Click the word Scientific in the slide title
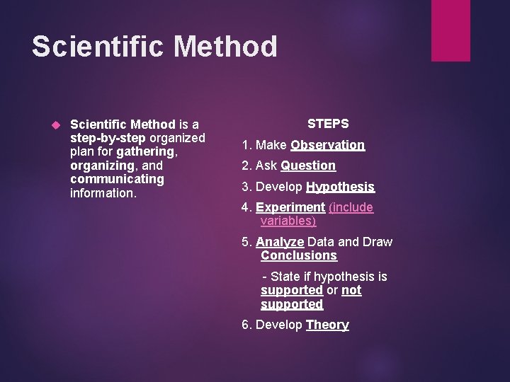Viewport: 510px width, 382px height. point(98,47)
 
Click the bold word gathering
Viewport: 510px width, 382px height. point(146,151)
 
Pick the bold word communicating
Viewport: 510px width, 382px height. point(117,178)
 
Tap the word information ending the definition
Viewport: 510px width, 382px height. point(103,192)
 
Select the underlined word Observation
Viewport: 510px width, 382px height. point(327,145)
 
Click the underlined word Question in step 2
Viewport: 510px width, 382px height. point(308,166)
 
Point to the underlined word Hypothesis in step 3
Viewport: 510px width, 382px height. point(340,187)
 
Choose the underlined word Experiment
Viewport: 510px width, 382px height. point(289,207)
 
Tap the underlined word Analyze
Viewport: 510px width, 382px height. point(280,242)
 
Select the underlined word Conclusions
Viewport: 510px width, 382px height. point(299,255)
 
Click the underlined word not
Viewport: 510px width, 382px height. point(351,290)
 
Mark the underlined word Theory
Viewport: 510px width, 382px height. point(327,325)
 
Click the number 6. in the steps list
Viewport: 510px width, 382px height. point(246,325)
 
